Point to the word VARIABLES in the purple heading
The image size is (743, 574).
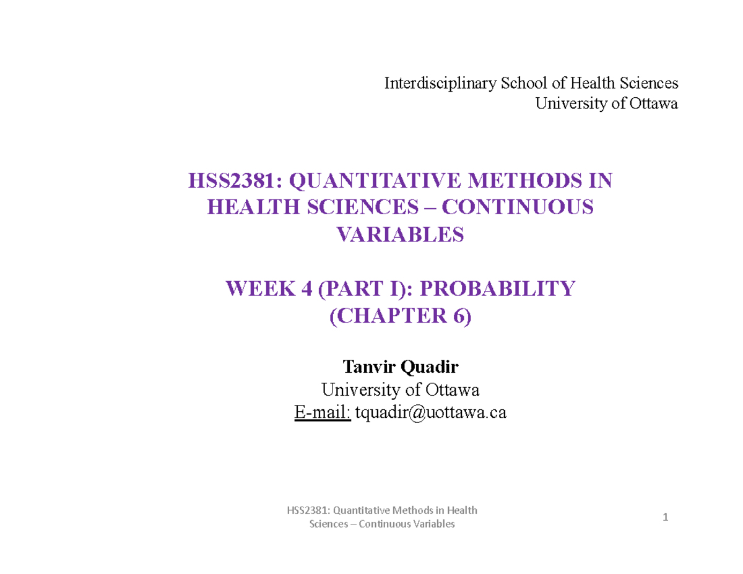pos(399,235)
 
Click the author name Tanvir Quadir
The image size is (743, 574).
pos(399,368)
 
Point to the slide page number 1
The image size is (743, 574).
pos(665,518)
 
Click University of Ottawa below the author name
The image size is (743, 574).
pos(399,390)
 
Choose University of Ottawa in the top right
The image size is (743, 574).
pos(606,103)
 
